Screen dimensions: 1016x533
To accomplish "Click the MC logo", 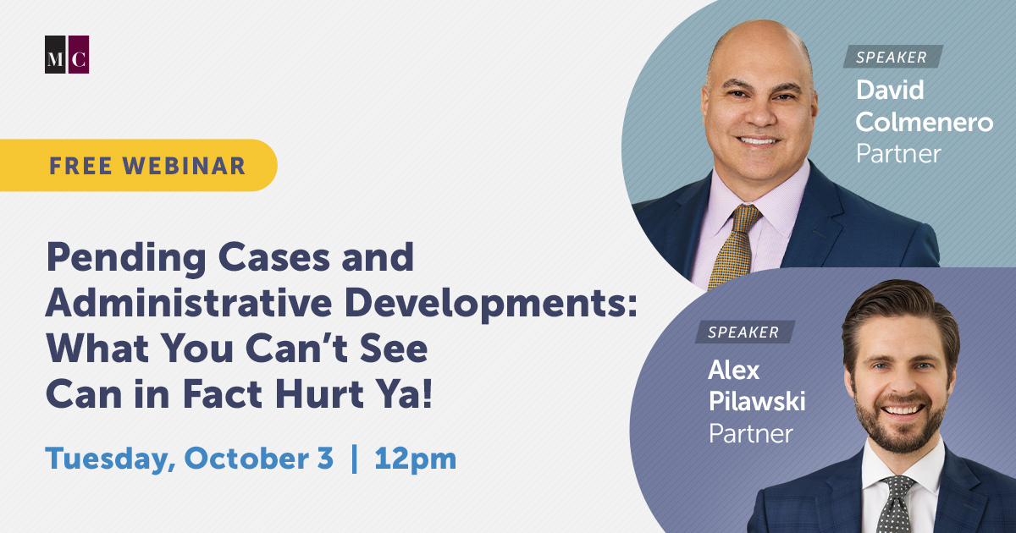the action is pos(67,54).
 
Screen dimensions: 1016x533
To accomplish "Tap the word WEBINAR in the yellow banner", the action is pos(185,166).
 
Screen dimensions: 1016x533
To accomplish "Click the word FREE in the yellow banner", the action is pos(80,166).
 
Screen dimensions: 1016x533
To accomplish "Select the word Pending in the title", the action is pos(126,259).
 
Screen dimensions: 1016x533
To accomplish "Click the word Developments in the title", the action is pos(491,305).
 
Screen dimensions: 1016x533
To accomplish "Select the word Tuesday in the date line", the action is pos(110,459).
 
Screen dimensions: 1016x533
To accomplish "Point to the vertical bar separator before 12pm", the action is pos(354,459).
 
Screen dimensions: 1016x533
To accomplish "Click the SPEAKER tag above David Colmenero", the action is pos(892,58).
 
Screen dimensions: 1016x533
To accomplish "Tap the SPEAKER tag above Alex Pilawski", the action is pos(745,332).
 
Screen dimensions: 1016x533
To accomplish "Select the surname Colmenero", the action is pos(925,123).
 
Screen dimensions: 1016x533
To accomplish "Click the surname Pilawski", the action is pos(757,401).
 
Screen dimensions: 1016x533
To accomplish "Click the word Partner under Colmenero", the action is pos(898,154).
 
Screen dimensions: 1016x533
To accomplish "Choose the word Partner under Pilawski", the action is pos(751,433).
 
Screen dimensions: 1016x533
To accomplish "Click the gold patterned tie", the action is pos(735,245).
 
